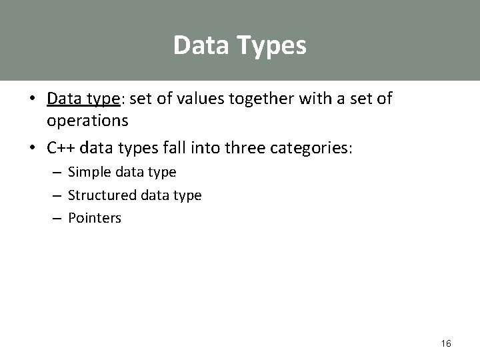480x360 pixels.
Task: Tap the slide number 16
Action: [x=446, y=343]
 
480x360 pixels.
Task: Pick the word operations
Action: [x=87, y=121]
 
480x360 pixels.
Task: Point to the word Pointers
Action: [x=95, y=218]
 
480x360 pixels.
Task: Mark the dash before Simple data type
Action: [x=56, y=173]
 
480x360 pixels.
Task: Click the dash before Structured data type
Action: [x=56, y=196]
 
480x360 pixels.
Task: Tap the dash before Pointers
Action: [x=56, y=219]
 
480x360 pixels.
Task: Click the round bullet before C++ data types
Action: [x=33, y=147]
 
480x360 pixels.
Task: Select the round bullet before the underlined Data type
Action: [x=33, y=100]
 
